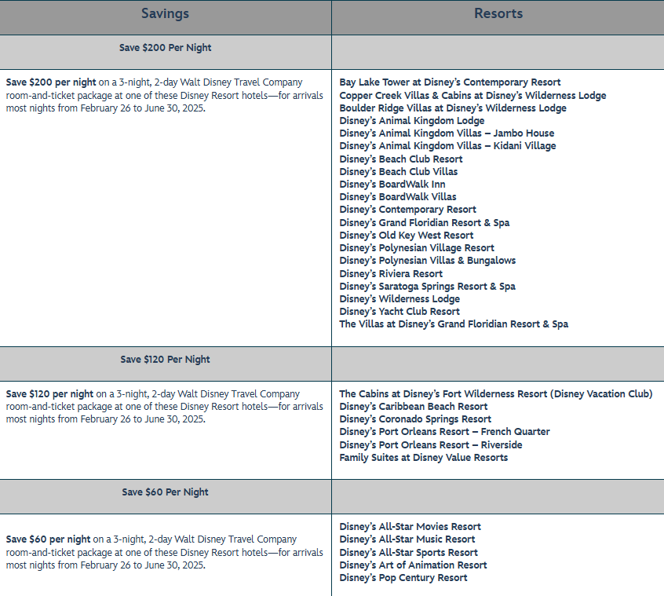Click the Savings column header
click(165, 14)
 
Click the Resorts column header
click(498, 14)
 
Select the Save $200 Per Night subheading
click(165, 48)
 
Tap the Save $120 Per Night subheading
click(165, 360)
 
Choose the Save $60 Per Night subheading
click(165, 492)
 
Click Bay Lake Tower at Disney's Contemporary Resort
click(450, 82)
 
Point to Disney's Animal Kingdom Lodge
click(411, 121)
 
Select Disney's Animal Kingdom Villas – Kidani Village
click(447, 146)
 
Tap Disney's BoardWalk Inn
click(392, 185)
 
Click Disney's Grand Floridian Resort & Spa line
click(424, 223)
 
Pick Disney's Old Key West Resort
click(406, 236)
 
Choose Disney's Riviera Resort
click(391, 274)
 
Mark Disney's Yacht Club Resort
click(399, 312)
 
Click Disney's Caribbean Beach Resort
click(413, 407)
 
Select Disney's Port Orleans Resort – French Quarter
click(444, 432)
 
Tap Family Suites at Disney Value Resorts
click(423, 458)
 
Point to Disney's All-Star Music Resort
click(407, 539)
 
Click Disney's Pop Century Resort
click(403, 578)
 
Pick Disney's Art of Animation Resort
click(413, 565)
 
